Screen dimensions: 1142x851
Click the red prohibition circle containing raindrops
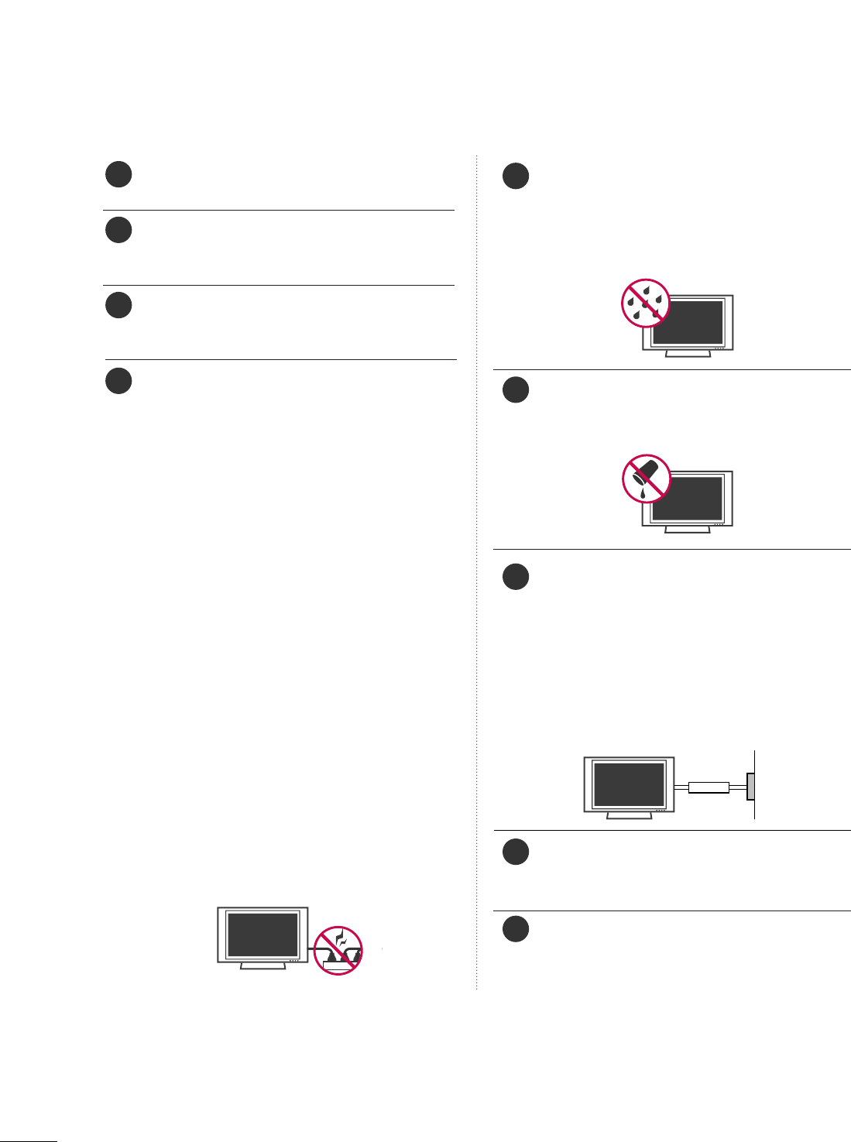point(646,303)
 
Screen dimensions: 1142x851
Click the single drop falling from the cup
point(643,493)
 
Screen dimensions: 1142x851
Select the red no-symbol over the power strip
point(338,950)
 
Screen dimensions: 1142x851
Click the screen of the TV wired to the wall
point(628,784)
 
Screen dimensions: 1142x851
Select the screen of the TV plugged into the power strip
point(263,935)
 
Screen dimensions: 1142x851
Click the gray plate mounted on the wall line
point(750,787)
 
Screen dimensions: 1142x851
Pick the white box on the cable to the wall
point(709,787)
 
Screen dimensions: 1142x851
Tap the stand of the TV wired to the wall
point(629,815)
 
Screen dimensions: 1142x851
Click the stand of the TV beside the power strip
point(263,966)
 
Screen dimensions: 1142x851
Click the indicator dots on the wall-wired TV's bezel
point(660,810)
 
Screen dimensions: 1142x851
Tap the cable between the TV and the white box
point(681,787)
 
